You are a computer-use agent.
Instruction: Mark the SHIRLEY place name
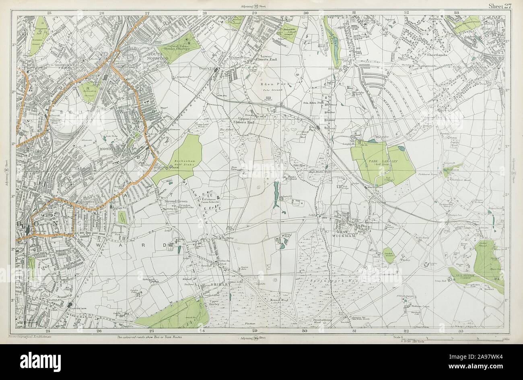point(220,284)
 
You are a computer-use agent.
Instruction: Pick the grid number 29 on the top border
point(254,13)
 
